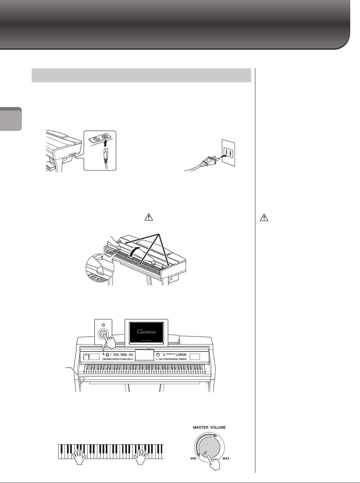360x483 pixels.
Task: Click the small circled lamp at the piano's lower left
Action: point(82,379)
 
